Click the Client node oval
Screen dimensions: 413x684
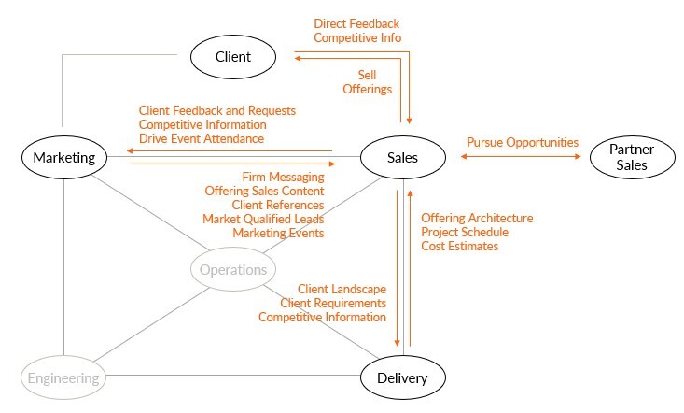233,57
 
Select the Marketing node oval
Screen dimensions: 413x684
63,157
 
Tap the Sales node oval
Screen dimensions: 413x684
402,157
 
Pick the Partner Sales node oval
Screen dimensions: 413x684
631,158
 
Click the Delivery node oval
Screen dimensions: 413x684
402,377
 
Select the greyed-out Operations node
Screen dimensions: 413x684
233,270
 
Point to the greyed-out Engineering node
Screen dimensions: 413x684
63,378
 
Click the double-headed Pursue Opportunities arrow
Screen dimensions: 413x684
522,157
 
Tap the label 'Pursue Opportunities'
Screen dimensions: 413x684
523,143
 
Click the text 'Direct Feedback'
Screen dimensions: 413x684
357,23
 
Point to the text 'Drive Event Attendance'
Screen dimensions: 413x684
201,138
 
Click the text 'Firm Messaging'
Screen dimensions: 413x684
283,177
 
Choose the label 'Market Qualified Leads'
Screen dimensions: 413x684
263,219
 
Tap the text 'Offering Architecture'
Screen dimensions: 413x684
477,218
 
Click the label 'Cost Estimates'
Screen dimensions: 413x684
459,246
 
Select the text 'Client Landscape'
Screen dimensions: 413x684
342,290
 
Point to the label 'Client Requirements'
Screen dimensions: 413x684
333,303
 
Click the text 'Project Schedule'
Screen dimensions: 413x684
465,232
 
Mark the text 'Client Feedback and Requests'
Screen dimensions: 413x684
216,110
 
